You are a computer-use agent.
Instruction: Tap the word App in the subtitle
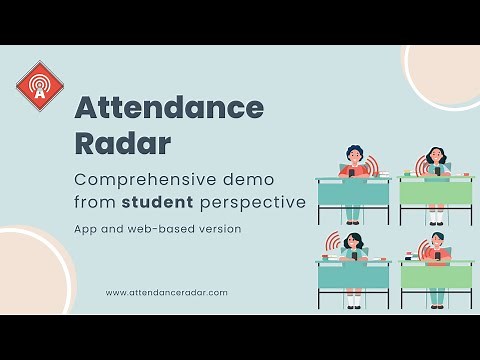(x=87, y=229)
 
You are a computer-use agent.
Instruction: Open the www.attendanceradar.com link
(x=166, y=292)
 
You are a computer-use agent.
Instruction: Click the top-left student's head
(x=353, y=155)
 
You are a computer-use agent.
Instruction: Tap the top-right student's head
(x=435, y=156)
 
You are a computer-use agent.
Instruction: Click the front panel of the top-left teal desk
(x=353, y=192)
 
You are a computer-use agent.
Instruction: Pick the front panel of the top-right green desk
(x=437, y=192)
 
